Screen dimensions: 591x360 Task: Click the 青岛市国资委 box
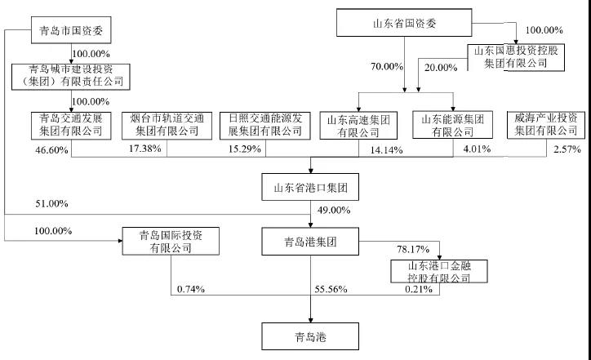(x=71, y=30)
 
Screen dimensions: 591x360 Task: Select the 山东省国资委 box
(x=404, y=23)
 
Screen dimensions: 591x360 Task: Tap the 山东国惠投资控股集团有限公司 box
(x=516, y=58)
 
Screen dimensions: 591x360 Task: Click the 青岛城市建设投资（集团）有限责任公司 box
(x=71, y=77)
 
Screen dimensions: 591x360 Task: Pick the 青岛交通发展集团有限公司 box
(x=71, y=126)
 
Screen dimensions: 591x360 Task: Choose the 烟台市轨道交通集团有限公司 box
(x=167, y=126)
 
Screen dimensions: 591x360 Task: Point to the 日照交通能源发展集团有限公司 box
(x=265, y=126)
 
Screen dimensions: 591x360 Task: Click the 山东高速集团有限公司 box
(x=358, y=126)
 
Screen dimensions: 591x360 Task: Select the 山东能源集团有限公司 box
(x=453, y=125)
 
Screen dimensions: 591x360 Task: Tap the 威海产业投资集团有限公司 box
(x=546, y=125)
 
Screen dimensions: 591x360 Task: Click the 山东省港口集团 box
(x=310, y=187)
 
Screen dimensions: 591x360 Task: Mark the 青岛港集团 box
(x=310, y=242)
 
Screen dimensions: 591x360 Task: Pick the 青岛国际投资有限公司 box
(x=171, y=242)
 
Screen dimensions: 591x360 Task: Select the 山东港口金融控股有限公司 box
(x=439, y=271)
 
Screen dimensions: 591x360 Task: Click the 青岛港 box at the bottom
(x=310, y=336)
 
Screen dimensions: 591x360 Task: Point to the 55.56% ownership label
(x=331, y=289)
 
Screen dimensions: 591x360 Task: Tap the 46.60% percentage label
(x=51, y=150)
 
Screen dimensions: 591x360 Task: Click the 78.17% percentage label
(x=413, y=249)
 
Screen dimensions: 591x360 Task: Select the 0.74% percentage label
(x=191, y=289)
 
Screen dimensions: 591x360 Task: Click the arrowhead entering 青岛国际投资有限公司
(x=120, y=241)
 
